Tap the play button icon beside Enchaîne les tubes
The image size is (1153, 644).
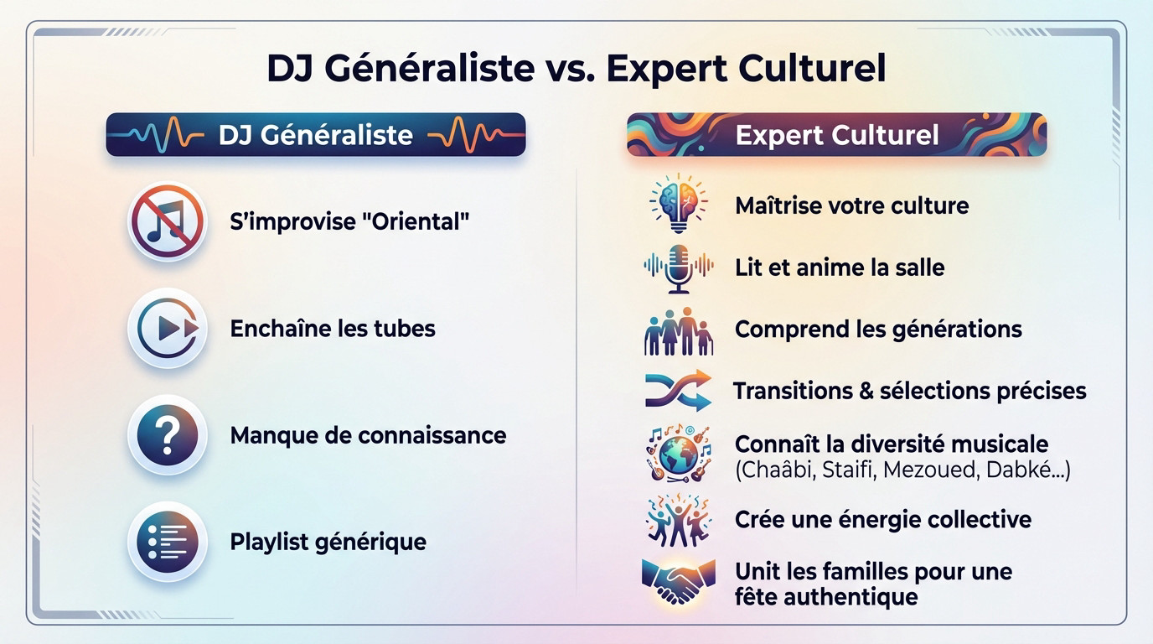tap(167, 328)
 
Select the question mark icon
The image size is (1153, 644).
tap(167, 435)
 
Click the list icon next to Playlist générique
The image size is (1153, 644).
tap(167, 541)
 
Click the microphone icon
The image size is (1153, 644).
tap(678, 267)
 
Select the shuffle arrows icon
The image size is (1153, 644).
tap(678, 391)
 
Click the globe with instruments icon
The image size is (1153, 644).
tap(678, 454)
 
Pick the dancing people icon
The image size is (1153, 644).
tap(678, 520)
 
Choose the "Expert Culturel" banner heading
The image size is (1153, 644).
tap(836, 135)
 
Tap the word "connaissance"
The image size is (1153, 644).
tap(432, 435)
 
